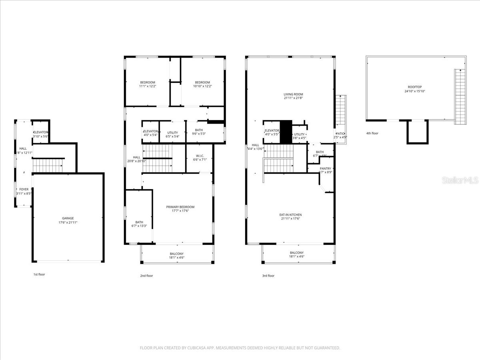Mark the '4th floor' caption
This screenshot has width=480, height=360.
[x=372, y=133]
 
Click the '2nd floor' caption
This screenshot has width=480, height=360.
[x=146, y=276]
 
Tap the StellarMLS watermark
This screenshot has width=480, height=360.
[x=460, y=181]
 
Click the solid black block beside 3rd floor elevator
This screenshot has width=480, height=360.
[x=286, y=132]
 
